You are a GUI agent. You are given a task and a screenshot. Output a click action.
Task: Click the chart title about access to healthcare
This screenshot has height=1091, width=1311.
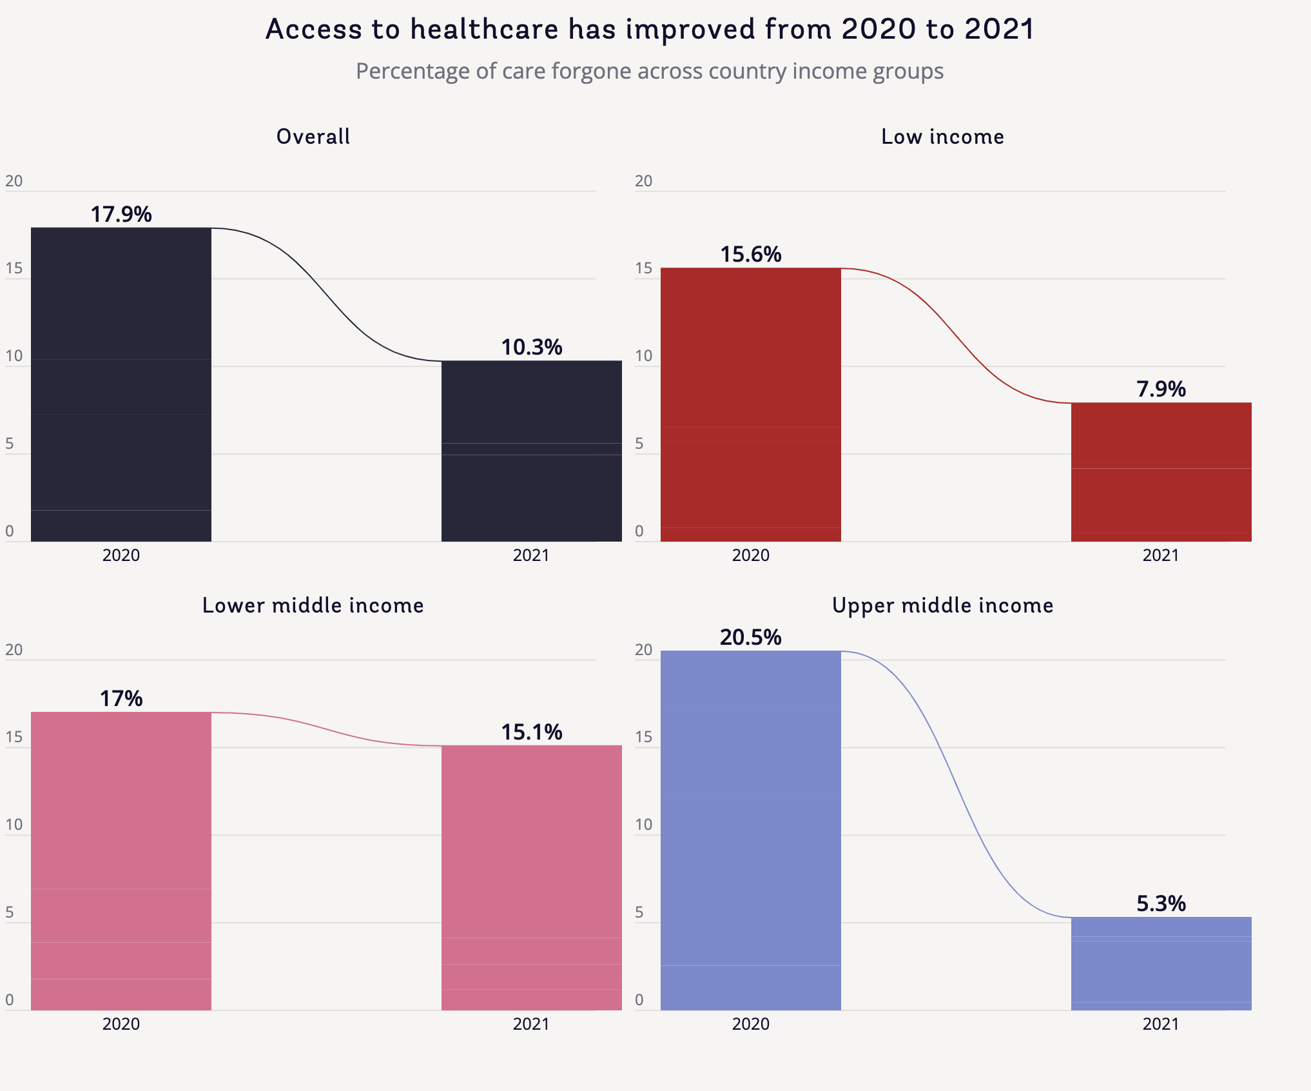650,30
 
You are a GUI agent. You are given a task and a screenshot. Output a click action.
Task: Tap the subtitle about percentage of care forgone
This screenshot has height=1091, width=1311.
650,71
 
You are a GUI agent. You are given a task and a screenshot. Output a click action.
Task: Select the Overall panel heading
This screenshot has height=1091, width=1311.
313,137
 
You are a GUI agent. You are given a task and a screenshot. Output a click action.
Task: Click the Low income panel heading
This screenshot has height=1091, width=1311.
942,137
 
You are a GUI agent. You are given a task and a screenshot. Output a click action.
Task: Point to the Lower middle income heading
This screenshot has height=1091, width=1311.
313,605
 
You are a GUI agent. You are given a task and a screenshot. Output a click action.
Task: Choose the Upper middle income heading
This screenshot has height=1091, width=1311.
942,605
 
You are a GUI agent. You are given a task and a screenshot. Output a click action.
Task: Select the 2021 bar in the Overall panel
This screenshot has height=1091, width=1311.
531,451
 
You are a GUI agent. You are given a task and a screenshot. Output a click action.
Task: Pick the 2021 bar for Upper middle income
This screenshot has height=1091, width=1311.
1161,963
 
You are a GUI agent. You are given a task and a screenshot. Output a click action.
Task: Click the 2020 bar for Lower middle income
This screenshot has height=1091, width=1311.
121,861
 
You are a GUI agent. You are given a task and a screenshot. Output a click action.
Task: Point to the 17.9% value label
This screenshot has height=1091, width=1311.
121,214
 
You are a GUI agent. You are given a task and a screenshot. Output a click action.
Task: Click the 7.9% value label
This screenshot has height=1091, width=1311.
1161,389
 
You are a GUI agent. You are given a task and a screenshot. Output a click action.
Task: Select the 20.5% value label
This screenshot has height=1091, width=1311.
751,637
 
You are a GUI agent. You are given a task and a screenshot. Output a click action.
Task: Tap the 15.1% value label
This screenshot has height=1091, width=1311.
532,732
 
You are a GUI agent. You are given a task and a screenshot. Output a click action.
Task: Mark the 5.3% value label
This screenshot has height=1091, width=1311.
1161,903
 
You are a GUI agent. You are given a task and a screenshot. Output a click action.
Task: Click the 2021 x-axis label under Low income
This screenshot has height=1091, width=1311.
1161,555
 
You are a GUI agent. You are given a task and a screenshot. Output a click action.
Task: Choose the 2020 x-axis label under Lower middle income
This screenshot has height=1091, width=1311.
121,1024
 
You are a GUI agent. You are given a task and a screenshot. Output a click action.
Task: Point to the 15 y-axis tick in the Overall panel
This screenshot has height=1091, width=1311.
14,268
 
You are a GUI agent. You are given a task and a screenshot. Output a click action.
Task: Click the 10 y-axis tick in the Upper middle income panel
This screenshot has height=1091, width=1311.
643,825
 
